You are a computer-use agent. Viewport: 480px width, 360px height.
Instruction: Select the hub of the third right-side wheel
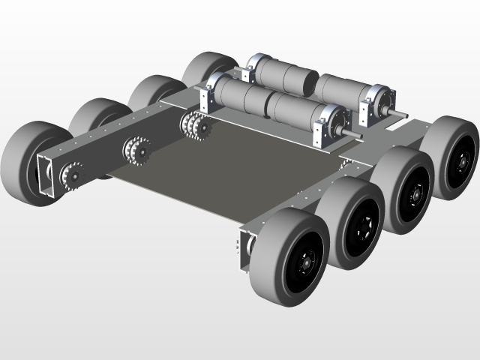415,195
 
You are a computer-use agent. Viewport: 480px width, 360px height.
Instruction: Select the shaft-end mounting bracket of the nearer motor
328,124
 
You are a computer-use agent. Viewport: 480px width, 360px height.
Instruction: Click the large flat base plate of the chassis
225,172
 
